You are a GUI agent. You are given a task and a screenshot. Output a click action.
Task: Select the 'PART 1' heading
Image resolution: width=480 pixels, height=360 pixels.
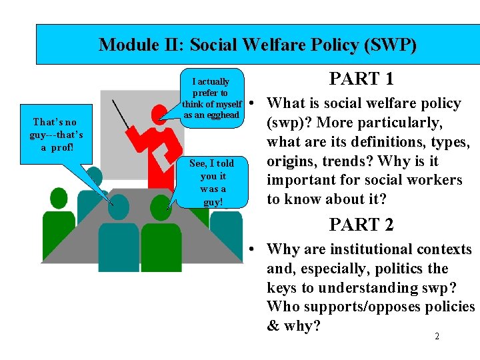click(361, 79)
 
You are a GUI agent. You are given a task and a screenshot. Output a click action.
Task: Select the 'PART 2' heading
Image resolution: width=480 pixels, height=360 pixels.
click(361, 225)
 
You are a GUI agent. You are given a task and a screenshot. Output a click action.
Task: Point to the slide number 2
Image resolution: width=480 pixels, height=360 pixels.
click(437, 337)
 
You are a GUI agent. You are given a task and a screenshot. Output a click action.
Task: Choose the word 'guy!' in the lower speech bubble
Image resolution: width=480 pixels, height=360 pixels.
click(213, 201)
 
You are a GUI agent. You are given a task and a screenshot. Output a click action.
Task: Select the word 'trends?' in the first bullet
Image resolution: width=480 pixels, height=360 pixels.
click(347, 161)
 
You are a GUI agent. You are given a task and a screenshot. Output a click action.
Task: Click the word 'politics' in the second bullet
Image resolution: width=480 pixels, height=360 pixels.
click(399, 269)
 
